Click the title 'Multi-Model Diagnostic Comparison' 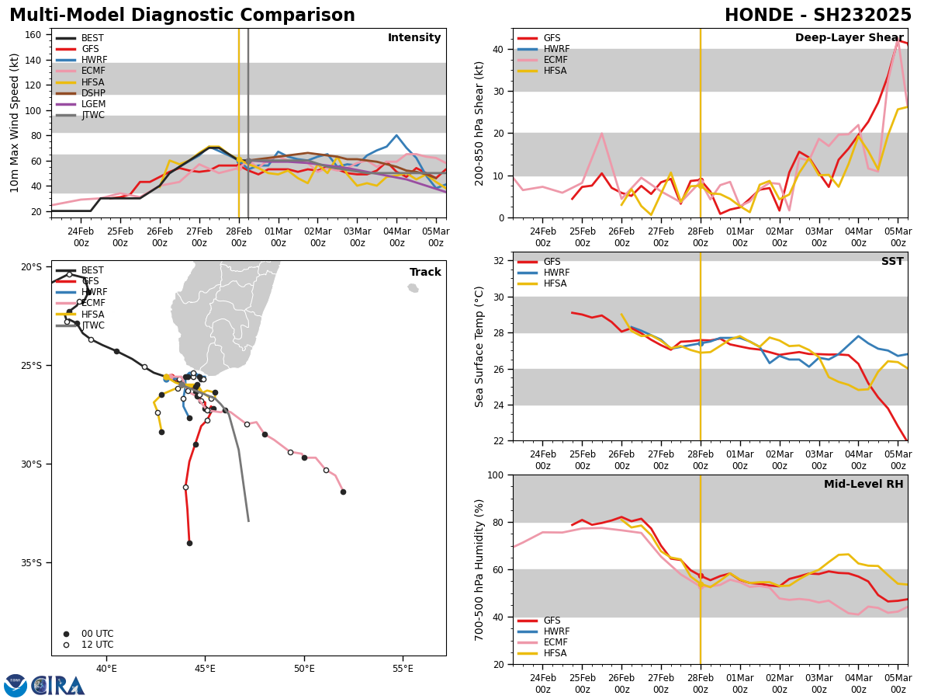tap(182, 16)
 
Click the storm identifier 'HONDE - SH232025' tap(818, 16)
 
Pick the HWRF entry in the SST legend tap(556, 273)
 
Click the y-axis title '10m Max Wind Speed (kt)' tap(15, 123)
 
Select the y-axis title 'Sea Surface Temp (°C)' tap(479, 346)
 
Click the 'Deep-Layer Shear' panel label tap(849, 38)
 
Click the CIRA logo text tap(58, 686)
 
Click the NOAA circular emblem tap(15, 686)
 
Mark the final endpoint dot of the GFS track tap(189, 543)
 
